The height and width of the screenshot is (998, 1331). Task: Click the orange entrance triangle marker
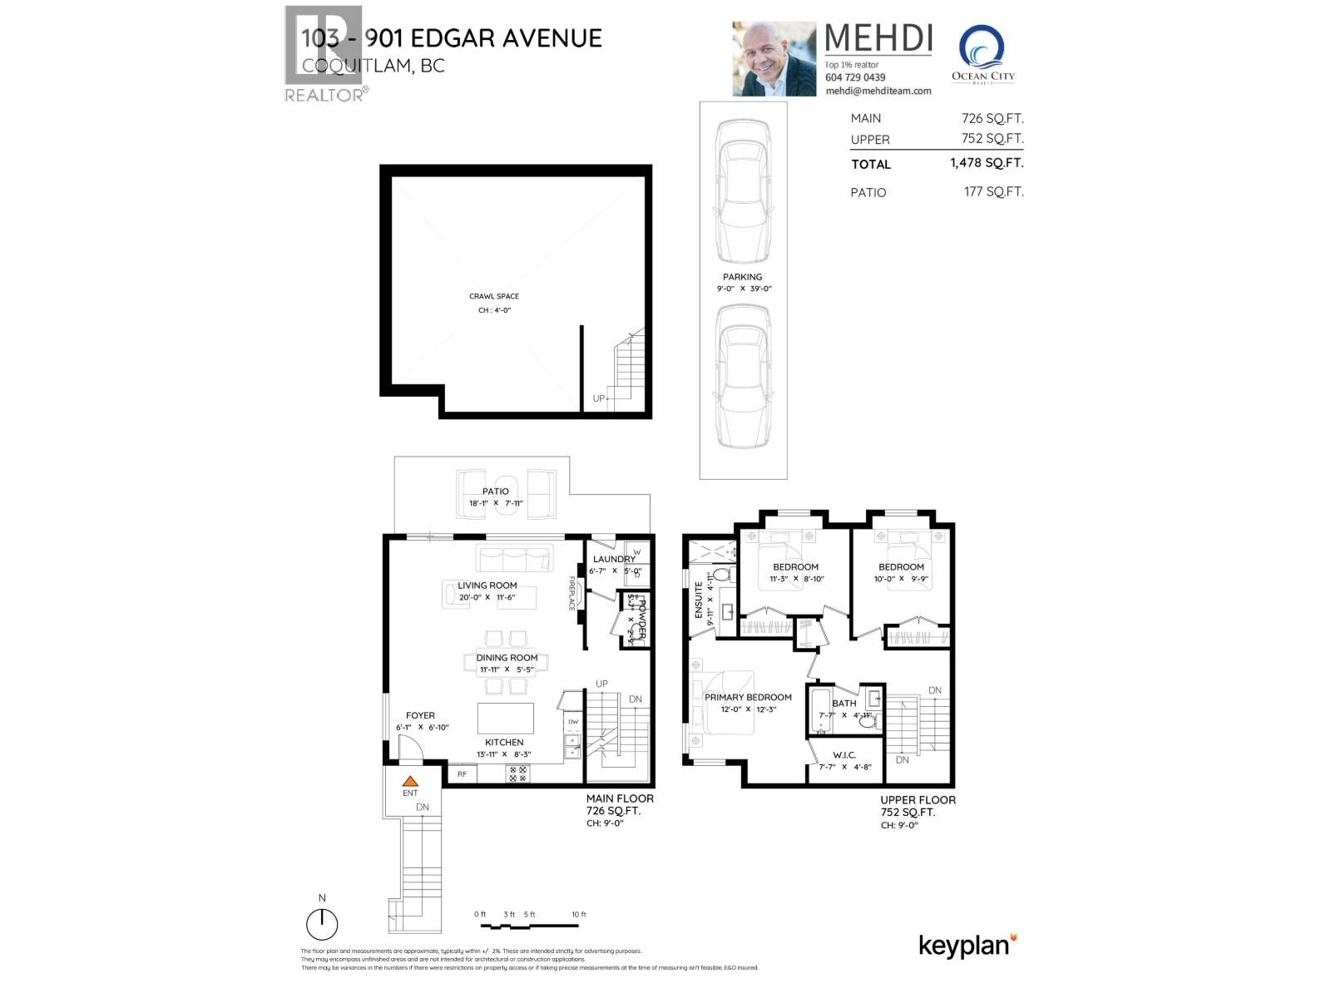[x=409, y=781]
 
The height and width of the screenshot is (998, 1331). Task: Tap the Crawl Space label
[x=494, y=296]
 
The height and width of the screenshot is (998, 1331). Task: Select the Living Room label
[x=487, y=585]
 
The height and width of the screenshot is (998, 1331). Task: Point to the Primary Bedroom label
[x=748, y=697]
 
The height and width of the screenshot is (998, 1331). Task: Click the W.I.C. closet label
[x=844, y=755]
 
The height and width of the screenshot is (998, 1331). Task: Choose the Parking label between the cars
[x=742, y=277]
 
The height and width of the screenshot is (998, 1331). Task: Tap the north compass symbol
[x=322, y=923]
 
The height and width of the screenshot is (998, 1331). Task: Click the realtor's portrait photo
[x=774, y=58]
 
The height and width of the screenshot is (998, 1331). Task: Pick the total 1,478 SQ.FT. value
[x=987, y=163]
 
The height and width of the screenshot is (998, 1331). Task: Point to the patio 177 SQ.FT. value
[x=993, y=191]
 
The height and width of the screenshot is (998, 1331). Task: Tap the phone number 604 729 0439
[x=855, y=77]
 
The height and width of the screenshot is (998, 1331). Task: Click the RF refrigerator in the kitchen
[x=462, y=774]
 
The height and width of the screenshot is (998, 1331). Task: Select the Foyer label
[x=420, y=715]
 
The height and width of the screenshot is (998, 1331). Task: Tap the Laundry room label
[x=614, y=559]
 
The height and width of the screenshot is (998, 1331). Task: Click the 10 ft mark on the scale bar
[x=579, y=915]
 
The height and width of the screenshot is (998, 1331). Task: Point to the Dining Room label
[x=507, y=658]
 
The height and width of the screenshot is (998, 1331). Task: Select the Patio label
[x=495, y=492]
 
